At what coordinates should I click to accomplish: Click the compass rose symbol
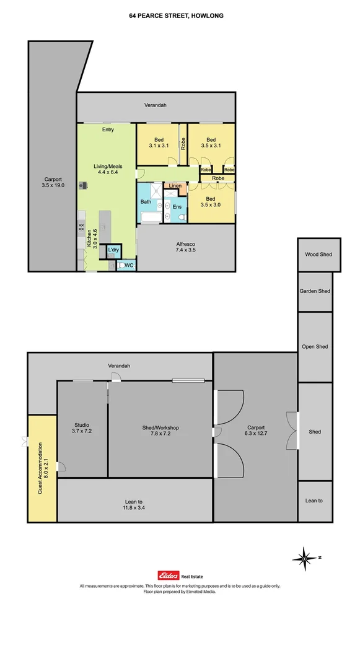coord(305,558)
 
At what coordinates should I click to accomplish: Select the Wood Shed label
coord(318,255)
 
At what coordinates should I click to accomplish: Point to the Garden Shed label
coord(315,291)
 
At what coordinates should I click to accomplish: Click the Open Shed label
coord(314,347)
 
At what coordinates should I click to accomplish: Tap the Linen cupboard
coord(175,185)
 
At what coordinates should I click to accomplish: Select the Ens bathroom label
coord(177,206)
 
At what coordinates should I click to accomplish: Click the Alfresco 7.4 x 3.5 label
coord(185,247)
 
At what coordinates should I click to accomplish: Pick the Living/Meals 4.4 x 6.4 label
coord(107,169)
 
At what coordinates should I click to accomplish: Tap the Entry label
coord(108,129)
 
